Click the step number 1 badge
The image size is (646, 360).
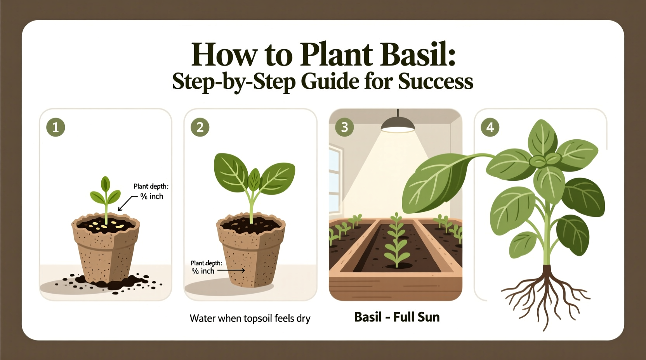click(x=56, y=127)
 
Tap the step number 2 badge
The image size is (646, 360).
click(x=200, y=127)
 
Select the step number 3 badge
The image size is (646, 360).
click(x=344, y=127)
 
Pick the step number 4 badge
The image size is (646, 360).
click(x=490, y=127)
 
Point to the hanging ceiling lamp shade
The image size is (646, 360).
click(x=398, y=125)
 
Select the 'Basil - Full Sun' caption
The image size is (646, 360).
click(x=397, y=317)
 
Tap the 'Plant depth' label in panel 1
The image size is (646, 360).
click(x=151, y=187)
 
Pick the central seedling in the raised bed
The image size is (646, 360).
click(x=396, y=241)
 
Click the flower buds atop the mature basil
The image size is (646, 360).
click(x=545, y=159)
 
